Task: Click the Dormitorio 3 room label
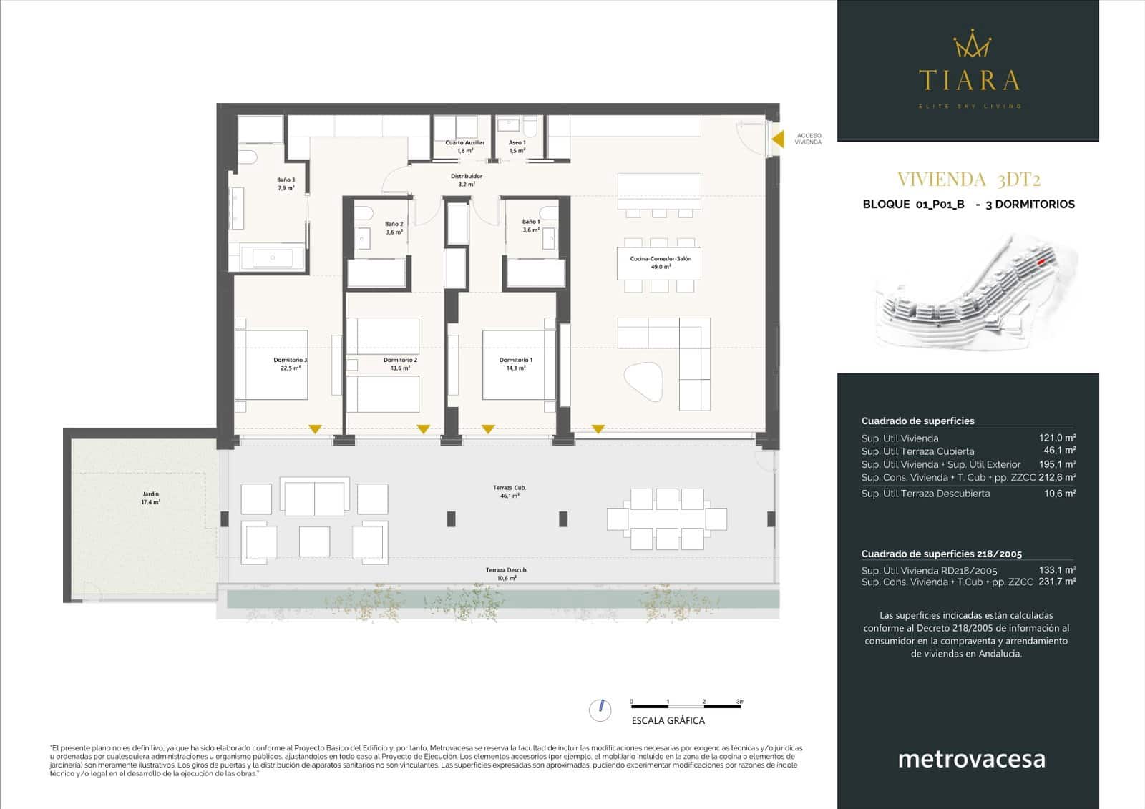pyautogui.click(x=290, y=364)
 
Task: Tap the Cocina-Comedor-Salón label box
pyautogui.click(x=660, y=263)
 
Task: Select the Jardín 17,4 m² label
pyautogui.click(x=150, y=498)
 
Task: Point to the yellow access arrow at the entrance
pyautogui.click(x=778, y=139)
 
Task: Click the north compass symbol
pyautogui.click(x=600, y=710)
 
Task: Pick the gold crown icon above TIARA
pyautogui.click(x=971, y=45)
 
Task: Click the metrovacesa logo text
pyautogui.click(x=971, y=759)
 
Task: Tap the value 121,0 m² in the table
pyautogui.click(x=1057, y=438)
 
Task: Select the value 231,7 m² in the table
pyautogui.click(x=1057, y=582)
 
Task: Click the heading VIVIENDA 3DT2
pyautogui.click(x=968, y=180)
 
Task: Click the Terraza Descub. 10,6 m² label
pyautogui.click(x=507, y=574)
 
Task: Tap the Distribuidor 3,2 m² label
pyautogui.click(x=467, y=180)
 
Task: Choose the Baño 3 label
pyautogui.click(x=286, y=184)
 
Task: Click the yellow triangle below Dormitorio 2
pyautogui.click(x=424, y=429)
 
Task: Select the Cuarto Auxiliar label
pyautogui.click(x=464, y=147)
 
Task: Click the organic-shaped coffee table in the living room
pyautogui.click(x=645, y=381)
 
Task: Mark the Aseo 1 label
pyautogui.click(x=517, y=147)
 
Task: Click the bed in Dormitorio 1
pyautogui.click(x=517, y=365)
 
